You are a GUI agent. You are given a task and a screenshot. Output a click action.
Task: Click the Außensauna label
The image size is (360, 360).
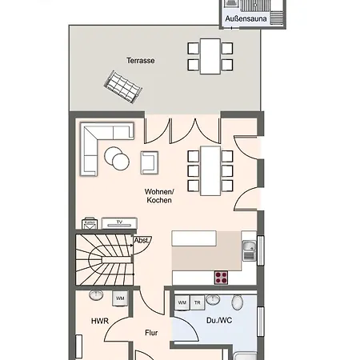pyautogui.click(x=246, y=18)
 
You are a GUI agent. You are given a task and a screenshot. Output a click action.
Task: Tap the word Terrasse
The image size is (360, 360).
pyautogui.click(x=141, y=61)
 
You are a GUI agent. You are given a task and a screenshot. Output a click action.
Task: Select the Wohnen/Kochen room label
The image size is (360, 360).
pyautogui.click(x=159, y=196)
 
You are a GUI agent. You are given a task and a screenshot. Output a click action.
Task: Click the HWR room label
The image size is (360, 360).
pyautogui.click(x=100, y=321)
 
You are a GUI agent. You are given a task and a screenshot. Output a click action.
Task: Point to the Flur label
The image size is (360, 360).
pyautogui.click(x=151, y=333)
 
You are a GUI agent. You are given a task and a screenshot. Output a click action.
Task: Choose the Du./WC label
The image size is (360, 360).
pyautogui.click(x=219, y=320)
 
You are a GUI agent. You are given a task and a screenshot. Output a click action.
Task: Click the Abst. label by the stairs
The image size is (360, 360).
pyautogui.click(x=142, y=241)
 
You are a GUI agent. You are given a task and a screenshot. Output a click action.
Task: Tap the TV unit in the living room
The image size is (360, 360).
pyautogui.click(x=119, y=223)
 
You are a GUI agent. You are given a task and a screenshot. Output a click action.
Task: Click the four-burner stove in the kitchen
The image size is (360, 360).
pyautogui.click(x=222, y=278)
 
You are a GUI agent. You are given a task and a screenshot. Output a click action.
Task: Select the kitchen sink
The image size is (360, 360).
pyautogui.click(x=250, y=250)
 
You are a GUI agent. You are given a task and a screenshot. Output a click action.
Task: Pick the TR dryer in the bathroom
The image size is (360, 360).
pyautogui.click(x=198, y=302)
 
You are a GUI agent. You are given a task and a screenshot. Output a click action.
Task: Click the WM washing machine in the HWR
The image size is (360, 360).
pyautogui.click(x=120, y=298)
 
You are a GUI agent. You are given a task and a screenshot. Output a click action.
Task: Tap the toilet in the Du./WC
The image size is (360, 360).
pyautogui.click(x=237, y=302)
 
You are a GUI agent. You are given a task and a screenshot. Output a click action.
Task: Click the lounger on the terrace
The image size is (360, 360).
pyautogui.click(x=123, y=86)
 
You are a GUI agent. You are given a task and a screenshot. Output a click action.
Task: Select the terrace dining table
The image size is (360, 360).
pyautogui.click(x=210, y=56)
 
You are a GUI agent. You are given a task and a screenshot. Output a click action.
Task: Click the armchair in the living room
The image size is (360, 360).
pyautogui.click(x=150, y=162)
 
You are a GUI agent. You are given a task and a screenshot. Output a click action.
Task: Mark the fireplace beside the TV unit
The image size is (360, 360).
pyautogui.click(x=90, y=224)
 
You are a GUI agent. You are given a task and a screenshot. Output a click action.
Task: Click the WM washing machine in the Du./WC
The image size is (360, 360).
pyautogui.click(x=182, y=302)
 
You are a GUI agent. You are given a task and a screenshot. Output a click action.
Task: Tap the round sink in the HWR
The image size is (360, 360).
pyautogui.click(x=96, y=295)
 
